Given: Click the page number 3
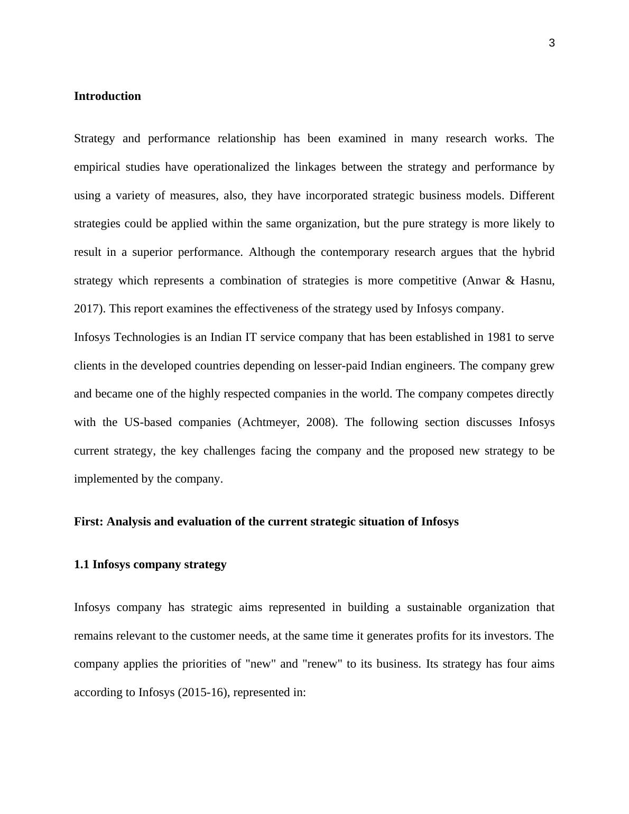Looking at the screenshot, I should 552,43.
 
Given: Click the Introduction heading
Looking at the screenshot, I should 107,96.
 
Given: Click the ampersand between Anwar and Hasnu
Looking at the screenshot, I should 510,281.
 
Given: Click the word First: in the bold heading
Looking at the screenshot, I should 89,522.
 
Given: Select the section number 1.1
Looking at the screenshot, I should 82,565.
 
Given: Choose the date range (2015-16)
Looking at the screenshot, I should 202,692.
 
